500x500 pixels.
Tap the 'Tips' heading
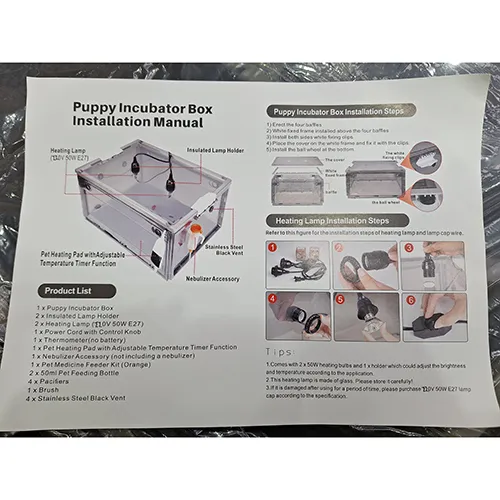click(x=281, y=352)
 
